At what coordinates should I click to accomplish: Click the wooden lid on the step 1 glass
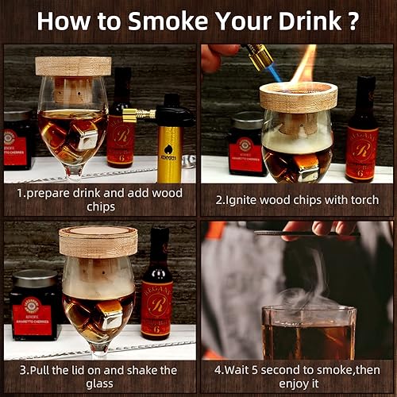click(73, 65)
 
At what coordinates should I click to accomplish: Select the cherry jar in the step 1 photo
click(17, 139)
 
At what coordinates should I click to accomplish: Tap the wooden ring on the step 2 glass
click(298, 97)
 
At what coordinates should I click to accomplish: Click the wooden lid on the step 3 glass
click(98, 241)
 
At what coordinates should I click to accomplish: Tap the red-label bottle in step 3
click(156, 282)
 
